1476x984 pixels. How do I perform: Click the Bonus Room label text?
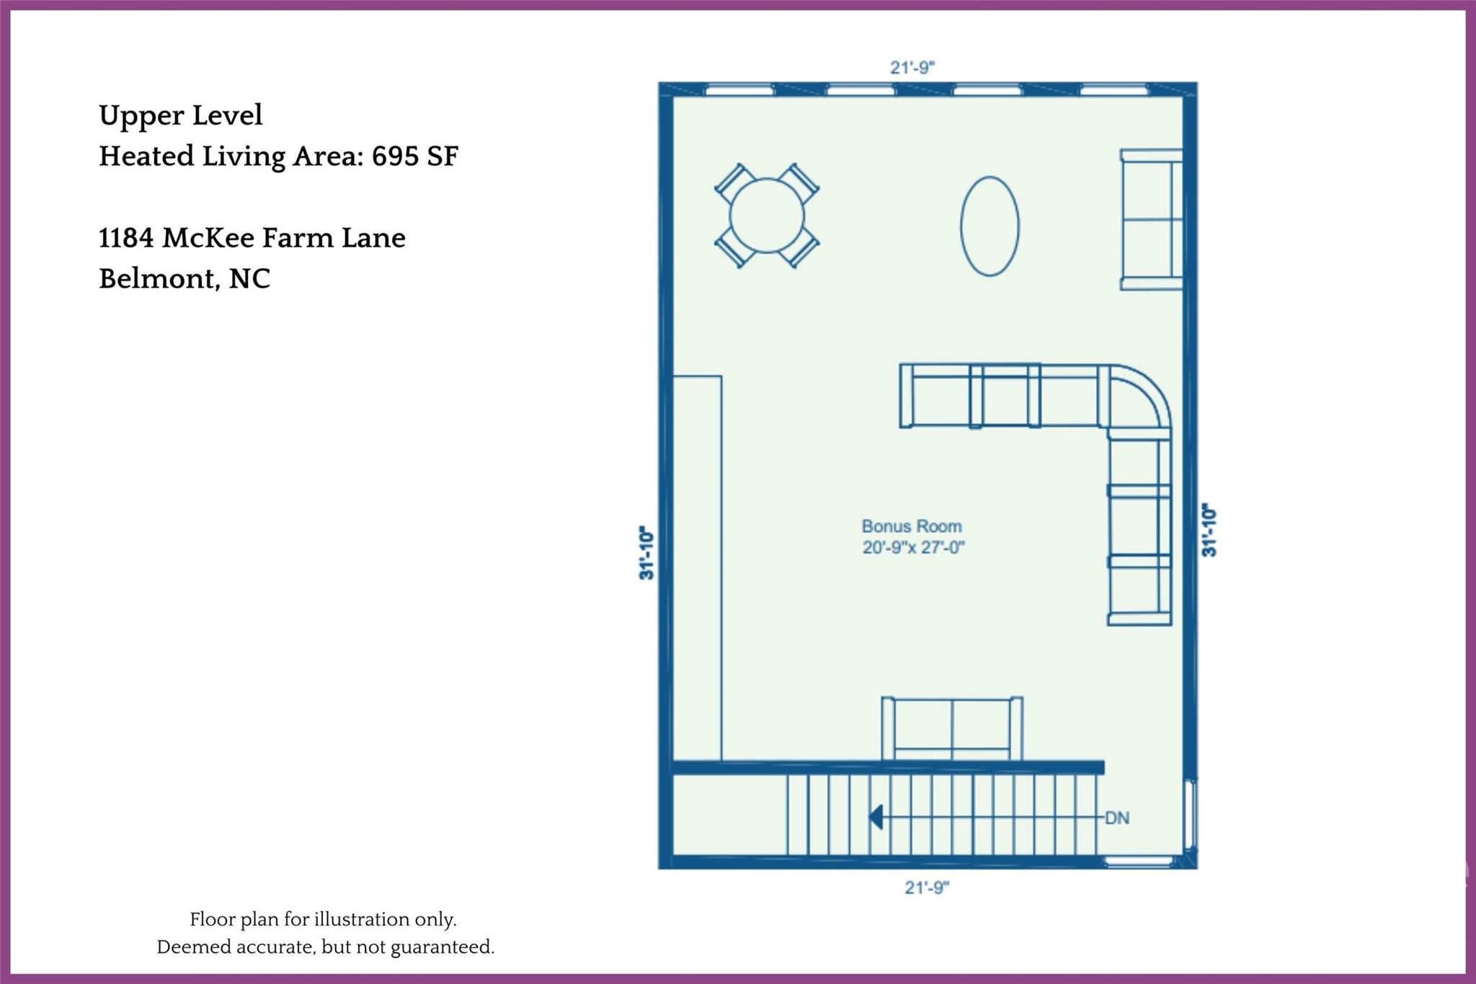912,526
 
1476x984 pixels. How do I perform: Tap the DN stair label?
1117,818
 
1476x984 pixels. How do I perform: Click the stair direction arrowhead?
876,817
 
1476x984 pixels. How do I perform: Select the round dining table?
767,216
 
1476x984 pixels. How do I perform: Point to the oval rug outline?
990,226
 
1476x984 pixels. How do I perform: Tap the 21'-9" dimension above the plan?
912,68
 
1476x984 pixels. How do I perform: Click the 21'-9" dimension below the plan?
927,887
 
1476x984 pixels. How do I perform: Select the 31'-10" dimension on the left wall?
646,553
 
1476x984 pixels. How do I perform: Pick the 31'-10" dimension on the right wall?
1209,530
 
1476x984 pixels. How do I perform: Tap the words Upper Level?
180,115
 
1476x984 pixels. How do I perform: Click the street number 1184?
126,238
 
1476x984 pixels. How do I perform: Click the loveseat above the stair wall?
952,728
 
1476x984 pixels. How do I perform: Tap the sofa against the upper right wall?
1152,219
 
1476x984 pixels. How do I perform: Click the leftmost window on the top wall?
739,90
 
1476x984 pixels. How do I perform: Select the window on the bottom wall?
1139,861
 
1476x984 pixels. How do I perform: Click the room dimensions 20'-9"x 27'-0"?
913,548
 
